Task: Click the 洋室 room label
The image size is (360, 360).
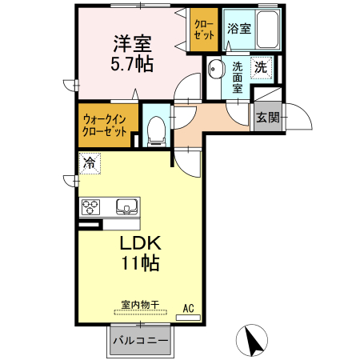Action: coord(131,42)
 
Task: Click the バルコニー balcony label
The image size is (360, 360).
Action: coord(139,341)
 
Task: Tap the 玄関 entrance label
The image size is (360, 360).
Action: coord(267,118)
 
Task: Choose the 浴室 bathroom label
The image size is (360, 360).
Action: coord(238,29)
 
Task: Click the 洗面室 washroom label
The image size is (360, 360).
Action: coord(238,78)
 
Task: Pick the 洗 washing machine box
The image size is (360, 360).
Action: coord(261,68)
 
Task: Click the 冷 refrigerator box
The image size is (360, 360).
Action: coord(90,163)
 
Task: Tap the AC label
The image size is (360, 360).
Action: coord(189,307)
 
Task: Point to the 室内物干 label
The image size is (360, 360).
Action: coord(140,305)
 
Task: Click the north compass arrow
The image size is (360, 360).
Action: coord(254,341)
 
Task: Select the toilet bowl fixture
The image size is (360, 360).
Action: coord(156,130)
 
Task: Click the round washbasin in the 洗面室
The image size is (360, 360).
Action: coord(214,71)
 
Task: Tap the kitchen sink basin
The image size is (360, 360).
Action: coord(126,209)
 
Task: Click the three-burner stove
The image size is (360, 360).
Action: coord(90,207)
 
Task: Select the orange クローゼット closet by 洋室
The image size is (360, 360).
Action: coord(202,30)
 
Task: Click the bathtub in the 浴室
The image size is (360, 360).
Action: coord(266,30)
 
